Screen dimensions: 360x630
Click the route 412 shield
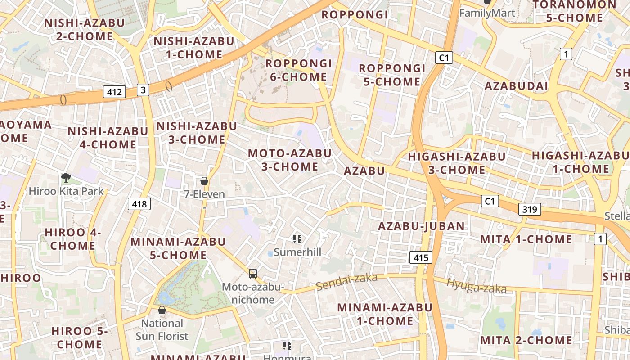tap(114, 92)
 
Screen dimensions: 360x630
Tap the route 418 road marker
tap(139, 204)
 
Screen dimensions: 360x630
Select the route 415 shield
tap(421, 257)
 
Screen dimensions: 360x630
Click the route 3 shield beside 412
tap(143, 90)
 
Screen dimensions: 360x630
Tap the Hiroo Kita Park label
tap(66, 191)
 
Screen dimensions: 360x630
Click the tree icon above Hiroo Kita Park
tap(66, 178)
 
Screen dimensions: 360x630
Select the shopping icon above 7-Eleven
tap(204, 181)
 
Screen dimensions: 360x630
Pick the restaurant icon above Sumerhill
tap(297, 238)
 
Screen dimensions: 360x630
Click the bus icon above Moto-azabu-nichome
tap(253, 273)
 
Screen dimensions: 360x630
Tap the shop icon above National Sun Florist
tap(162, 310)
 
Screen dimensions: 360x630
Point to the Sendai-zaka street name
tap(346, 282)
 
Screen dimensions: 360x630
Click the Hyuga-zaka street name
tap(477, 286)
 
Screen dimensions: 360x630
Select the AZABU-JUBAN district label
tap(422, 226)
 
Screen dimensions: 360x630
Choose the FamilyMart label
tap(487, 13)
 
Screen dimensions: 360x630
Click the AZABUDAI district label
tap(516, 86)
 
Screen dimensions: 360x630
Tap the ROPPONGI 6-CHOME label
tap(298, 70)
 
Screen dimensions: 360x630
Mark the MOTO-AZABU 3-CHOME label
tap(290, 160)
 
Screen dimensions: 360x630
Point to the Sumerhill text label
tap(297, 252)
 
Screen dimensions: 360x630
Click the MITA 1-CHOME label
tap(526, 239)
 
